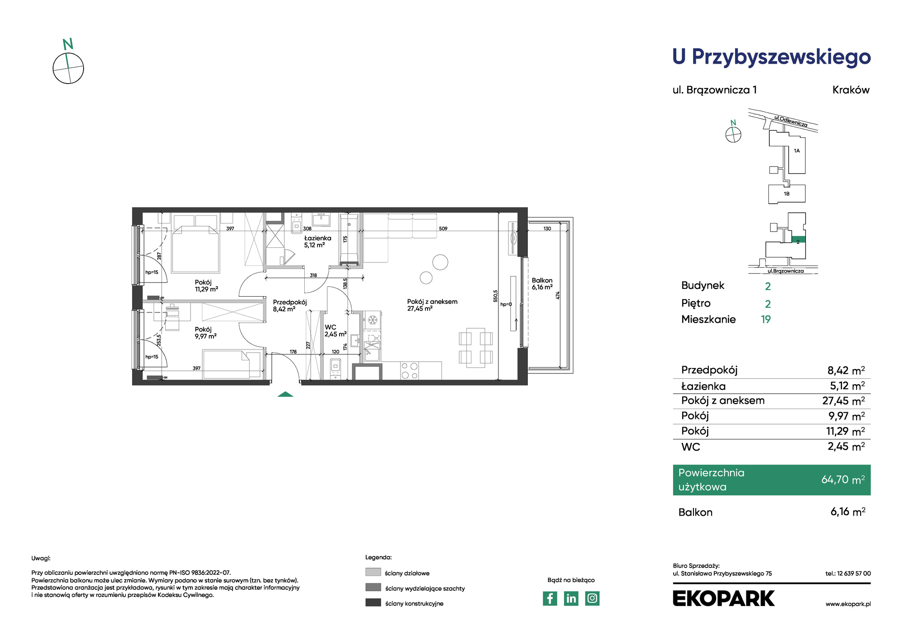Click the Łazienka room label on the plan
click(317, 238)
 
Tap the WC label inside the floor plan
click(330, 327)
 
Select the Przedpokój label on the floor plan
click(290, 302)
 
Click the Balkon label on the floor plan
click(542, 280)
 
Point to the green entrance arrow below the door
click(285, 394)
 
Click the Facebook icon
click(549, 598)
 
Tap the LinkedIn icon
click(571, 598)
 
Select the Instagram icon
click(592, 598)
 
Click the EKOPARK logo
click(723, 598)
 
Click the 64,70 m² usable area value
click(843, 480)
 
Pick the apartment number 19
click(766, 320)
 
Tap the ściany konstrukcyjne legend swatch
click(373, 602)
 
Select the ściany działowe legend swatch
click(373, 572)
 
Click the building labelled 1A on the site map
click(796, 154)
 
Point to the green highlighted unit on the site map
click(799, 240)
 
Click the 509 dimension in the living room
click(443, 229)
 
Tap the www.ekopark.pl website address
click(848, 604)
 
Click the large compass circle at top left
click(68, 68)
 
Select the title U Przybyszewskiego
click(772, 57)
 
